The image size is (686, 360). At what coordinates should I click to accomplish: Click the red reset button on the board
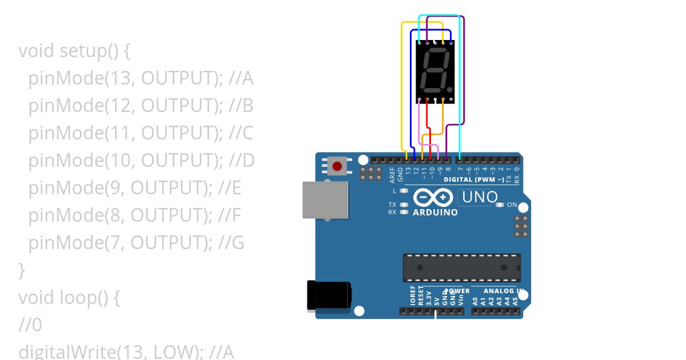(x=337, y=167)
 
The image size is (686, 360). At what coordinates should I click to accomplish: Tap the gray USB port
(x=325, y=200)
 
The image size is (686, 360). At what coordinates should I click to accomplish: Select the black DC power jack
(x=329, y=295)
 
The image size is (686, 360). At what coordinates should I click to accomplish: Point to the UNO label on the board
(x=480, y=198)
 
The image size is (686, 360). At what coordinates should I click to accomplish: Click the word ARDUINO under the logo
(x=435, y=213)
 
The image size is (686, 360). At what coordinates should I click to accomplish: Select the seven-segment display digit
(x=434, y=71)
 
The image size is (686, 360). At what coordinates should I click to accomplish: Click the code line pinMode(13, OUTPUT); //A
(x=141, y=78)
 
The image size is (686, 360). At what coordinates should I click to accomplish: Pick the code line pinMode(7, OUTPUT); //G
(x=136, y=243)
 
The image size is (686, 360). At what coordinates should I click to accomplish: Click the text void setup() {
(x=74, y=51)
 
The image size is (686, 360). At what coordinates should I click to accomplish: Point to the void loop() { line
(x=69, y=298)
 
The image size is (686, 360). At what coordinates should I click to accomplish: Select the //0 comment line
(x=30, y=325)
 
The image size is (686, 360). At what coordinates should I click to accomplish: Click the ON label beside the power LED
(x=512, y=205)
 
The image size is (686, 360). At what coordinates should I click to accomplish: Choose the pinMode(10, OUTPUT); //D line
(x=141, y=161)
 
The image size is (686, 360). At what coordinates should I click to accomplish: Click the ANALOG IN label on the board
(x=498, y=291)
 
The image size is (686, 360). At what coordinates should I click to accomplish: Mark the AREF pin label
(x=392, y=174)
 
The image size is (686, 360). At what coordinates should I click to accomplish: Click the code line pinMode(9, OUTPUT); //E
(x=135, y=188)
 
